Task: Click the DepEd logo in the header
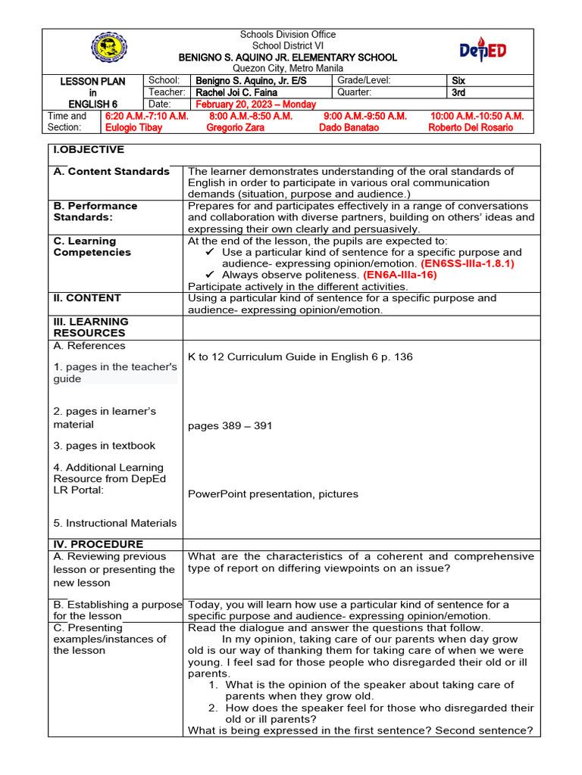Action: (483, 51)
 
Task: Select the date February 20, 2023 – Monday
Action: (255, 104)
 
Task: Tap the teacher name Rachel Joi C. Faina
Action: (238, 92)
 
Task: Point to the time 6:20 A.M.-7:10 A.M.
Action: (146, 116)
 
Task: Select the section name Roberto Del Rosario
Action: (470, 127)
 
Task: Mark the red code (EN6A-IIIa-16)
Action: (400, 275)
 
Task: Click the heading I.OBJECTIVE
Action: (89, 150)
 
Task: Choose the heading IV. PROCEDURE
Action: (99, 544)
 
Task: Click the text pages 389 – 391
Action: (230, 425)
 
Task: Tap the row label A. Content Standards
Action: (111, 171)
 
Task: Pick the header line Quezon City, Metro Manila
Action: (287, 68)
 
